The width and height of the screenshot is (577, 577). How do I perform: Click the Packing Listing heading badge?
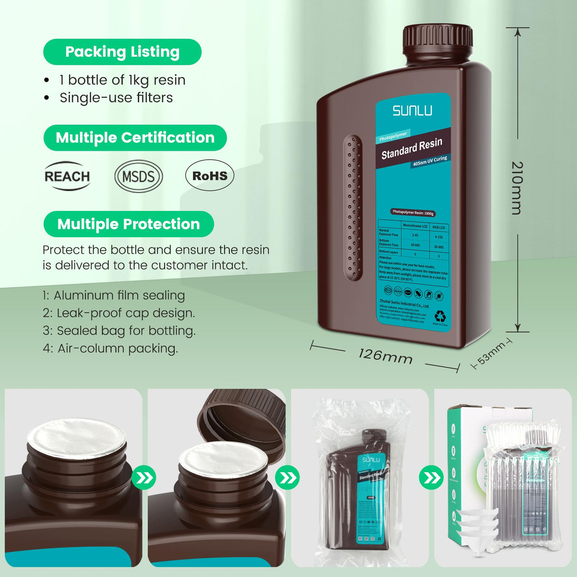(x=122, y=52)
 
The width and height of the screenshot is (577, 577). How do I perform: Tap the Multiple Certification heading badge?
(x=135, y=138)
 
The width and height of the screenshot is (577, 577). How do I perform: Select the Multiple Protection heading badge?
(x=128, y=224)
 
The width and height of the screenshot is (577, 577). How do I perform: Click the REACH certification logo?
(x=67, y=176)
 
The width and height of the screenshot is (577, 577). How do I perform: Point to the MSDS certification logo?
(x=138, y=176)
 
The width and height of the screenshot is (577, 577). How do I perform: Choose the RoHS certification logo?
(x=210, y=176)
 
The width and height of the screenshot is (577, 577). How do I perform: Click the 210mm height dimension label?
(x=517, y=188)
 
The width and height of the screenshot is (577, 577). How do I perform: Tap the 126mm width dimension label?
(x=385, y=356)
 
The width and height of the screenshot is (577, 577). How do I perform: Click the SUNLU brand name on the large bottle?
(x=413, y=111)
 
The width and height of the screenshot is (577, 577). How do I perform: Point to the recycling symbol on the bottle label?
(x=440, y=316)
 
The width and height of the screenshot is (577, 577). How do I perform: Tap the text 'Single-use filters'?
(x=116, y=97)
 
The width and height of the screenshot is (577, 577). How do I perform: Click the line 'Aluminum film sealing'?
(x=119, y=295)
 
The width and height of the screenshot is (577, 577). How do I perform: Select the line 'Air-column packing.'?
(x=117, y=348)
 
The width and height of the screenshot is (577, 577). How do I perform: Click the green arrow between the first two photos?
(x=144, y=477)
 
